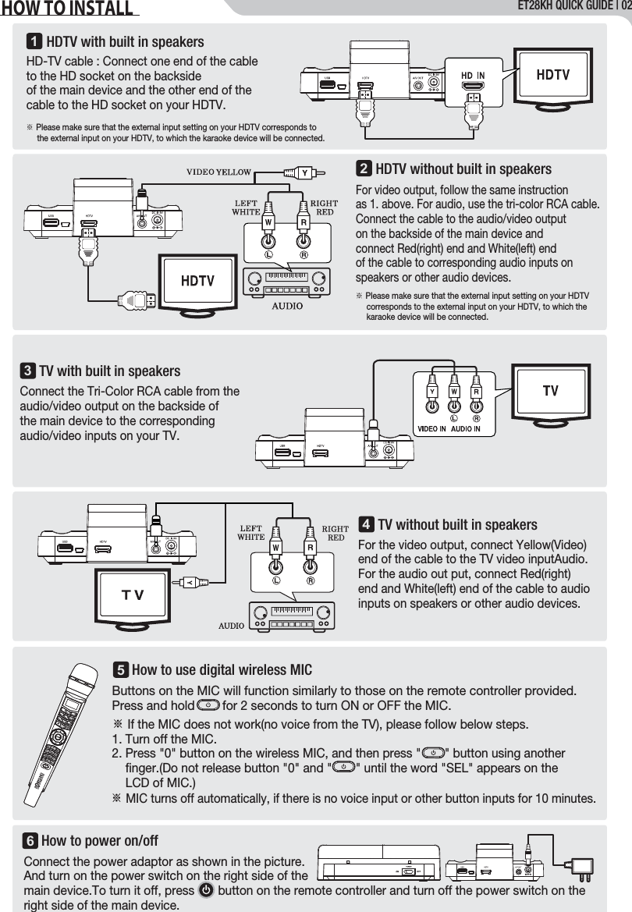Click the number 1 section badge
pos(34,41)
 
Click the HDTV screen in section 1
pos(552,75)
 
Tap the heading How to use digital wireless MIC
pos(222,670)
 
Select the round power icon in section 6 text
pos(207,890)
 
